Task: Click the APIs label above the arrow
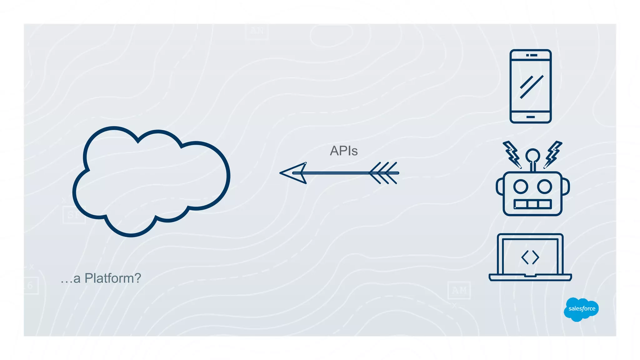click(343, 151)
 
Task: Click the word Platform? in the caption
click(113, 278)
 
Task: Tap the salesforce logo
click(581, 309)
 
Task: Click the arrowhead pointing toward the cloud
click(294, 173)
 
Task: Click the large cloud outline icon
click(151, 181)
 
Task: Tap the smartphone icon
click(530, 86)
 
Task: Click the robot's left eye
click(521, 187)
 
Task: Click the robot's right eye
click(544, 187)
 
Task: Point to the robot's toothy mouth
click(532, 204)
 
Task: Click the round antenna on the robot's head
click(532, 155)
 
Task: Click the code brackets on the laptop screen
click(530, 257)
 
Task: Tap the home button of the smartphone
click(530, 117)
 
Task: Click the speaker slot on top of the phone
click(532, 55)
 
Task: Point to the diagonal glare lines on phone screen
click(531, 87)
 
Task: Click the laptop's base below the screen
click(530, 277)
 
